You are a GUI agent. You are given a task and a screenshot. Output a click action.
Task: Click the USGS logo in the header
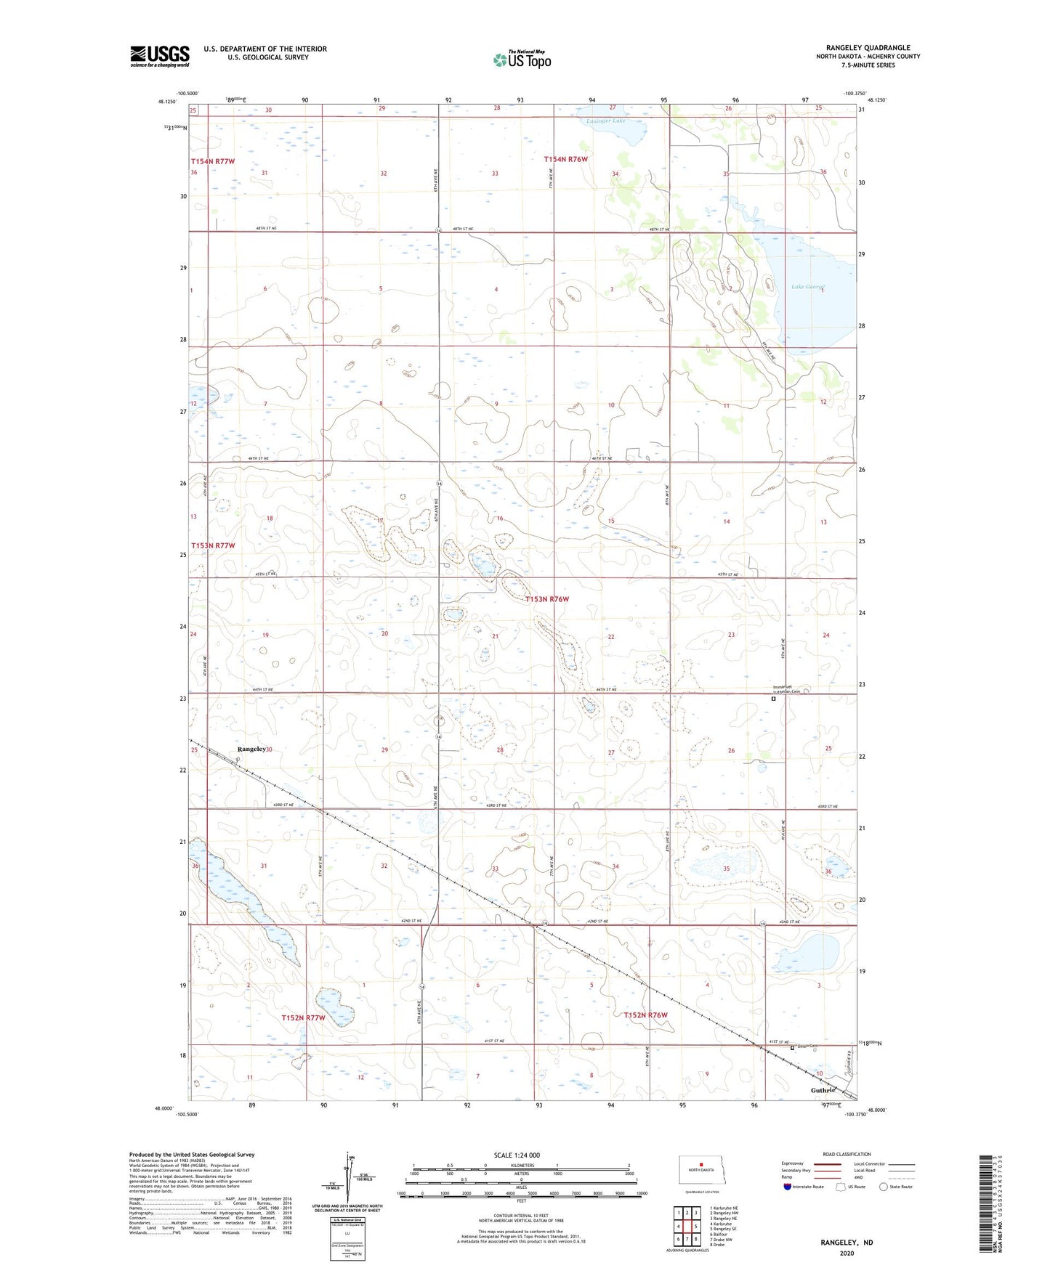[x=159, y=56]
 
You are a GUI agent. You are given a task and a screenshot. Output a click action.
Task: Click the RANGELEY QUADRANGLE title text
[x=868, y=48]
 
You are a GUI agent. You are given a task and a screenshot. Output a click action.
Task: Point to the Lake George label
[x=808, y=287]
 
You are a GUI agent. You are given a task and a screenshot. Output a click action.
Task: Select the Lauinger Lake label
[x=605, y=121]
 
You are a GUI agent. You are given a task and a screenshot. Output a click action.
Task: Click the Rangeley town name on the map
[x=251, y=749]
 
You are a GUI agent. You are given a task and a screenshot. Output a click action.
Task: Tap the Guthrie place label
[x=823, y=1090]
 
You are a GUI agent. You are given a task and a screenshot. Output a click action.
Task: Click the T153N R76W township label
[x=546, y=599]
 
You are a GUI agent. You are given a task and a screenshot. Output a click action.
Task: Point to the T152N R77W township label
[x=303, y=1017]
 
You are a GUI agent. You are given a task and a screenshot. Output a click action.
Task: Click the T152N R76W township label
[x=645, y=1015]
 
